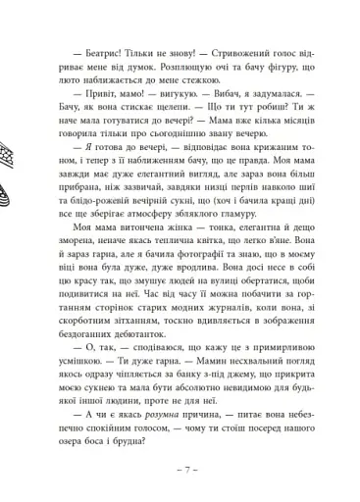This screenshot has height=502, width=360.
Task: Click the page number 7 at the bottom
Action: point(180,486)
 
